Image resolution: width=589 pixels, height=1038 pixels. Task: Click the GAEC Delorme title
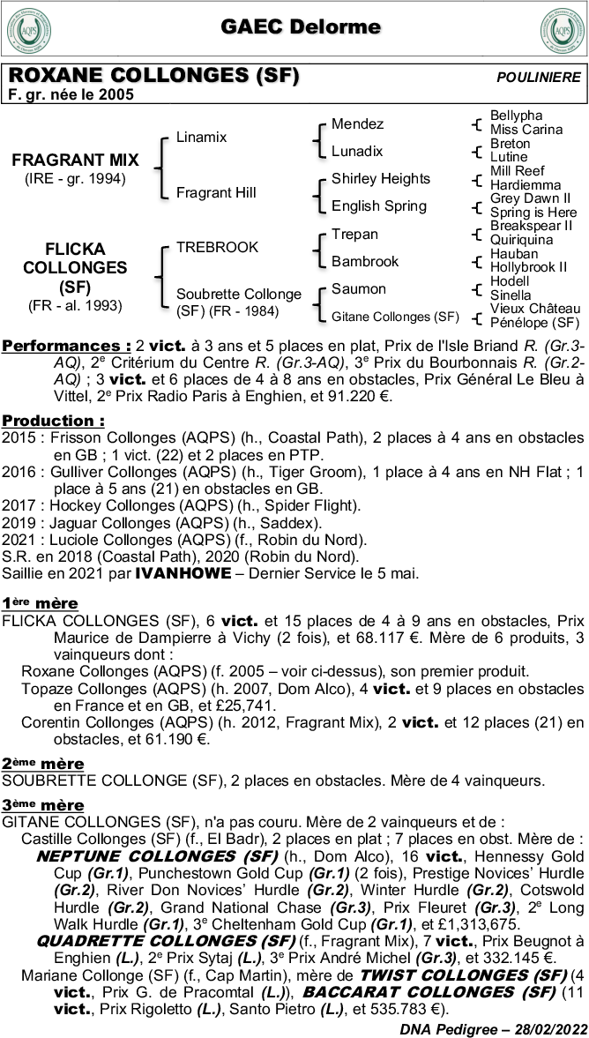(x=301, y=27)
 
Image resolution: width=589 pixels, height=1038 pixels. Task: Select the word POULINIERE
(x=538, y=78)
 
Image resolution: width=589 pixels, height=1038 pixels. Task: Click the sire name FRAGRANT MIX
(x=75, y=161)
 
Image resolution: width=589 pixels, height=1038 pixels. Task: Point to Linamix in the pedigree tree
(x=201, y=138)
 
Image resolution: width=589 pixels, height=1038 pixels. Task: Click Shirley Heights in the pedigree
(x=381, y=179)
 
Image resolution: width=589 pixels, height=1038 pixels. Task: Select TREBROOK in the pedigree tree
(x=217, y=247)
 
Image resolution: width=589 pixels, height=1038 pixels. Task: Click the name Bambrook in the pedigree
(x=365, y=261)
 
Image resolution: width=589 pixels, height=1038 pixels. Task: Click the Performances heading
(x=62, y=347)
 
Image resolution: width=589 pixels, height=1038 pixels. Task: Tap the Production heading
(x=53, y=421)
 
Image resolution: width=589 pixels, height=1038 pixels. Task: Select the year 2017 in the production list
(x=17, y=505)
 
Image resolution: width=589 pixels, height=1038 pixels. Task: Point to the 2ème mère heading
(x=42, y=763)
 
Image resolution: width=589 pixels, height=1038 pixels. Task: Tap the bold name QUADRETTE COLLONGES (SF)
(x=168, y=941)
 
